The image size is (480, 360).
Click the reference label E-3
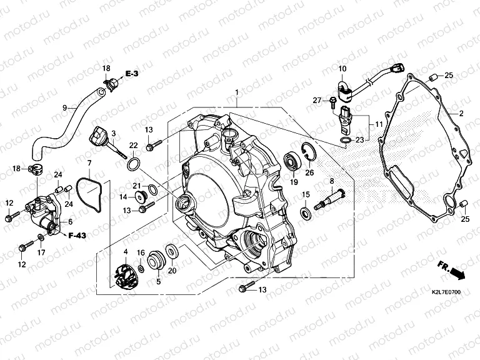coord(132,74)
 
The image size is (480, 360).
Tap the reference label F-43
coord(77,236)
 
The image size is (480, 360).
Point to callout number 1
coord(237,93)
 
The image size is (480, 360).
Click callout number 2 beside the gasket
coord(461,113)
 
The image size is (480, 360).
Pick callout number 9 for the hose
coord(64,107)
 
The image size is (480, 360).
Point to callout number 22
coord(133,145)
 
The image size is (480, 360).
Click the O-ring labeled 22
coord(133,166)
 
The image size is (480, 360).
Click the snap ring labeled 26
coord(309,151)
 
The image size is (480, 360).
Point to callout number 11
coord(379,124)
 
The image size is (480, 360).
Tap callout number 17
coord(41,252)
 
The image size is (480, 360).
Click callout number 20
coord(172,271)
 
